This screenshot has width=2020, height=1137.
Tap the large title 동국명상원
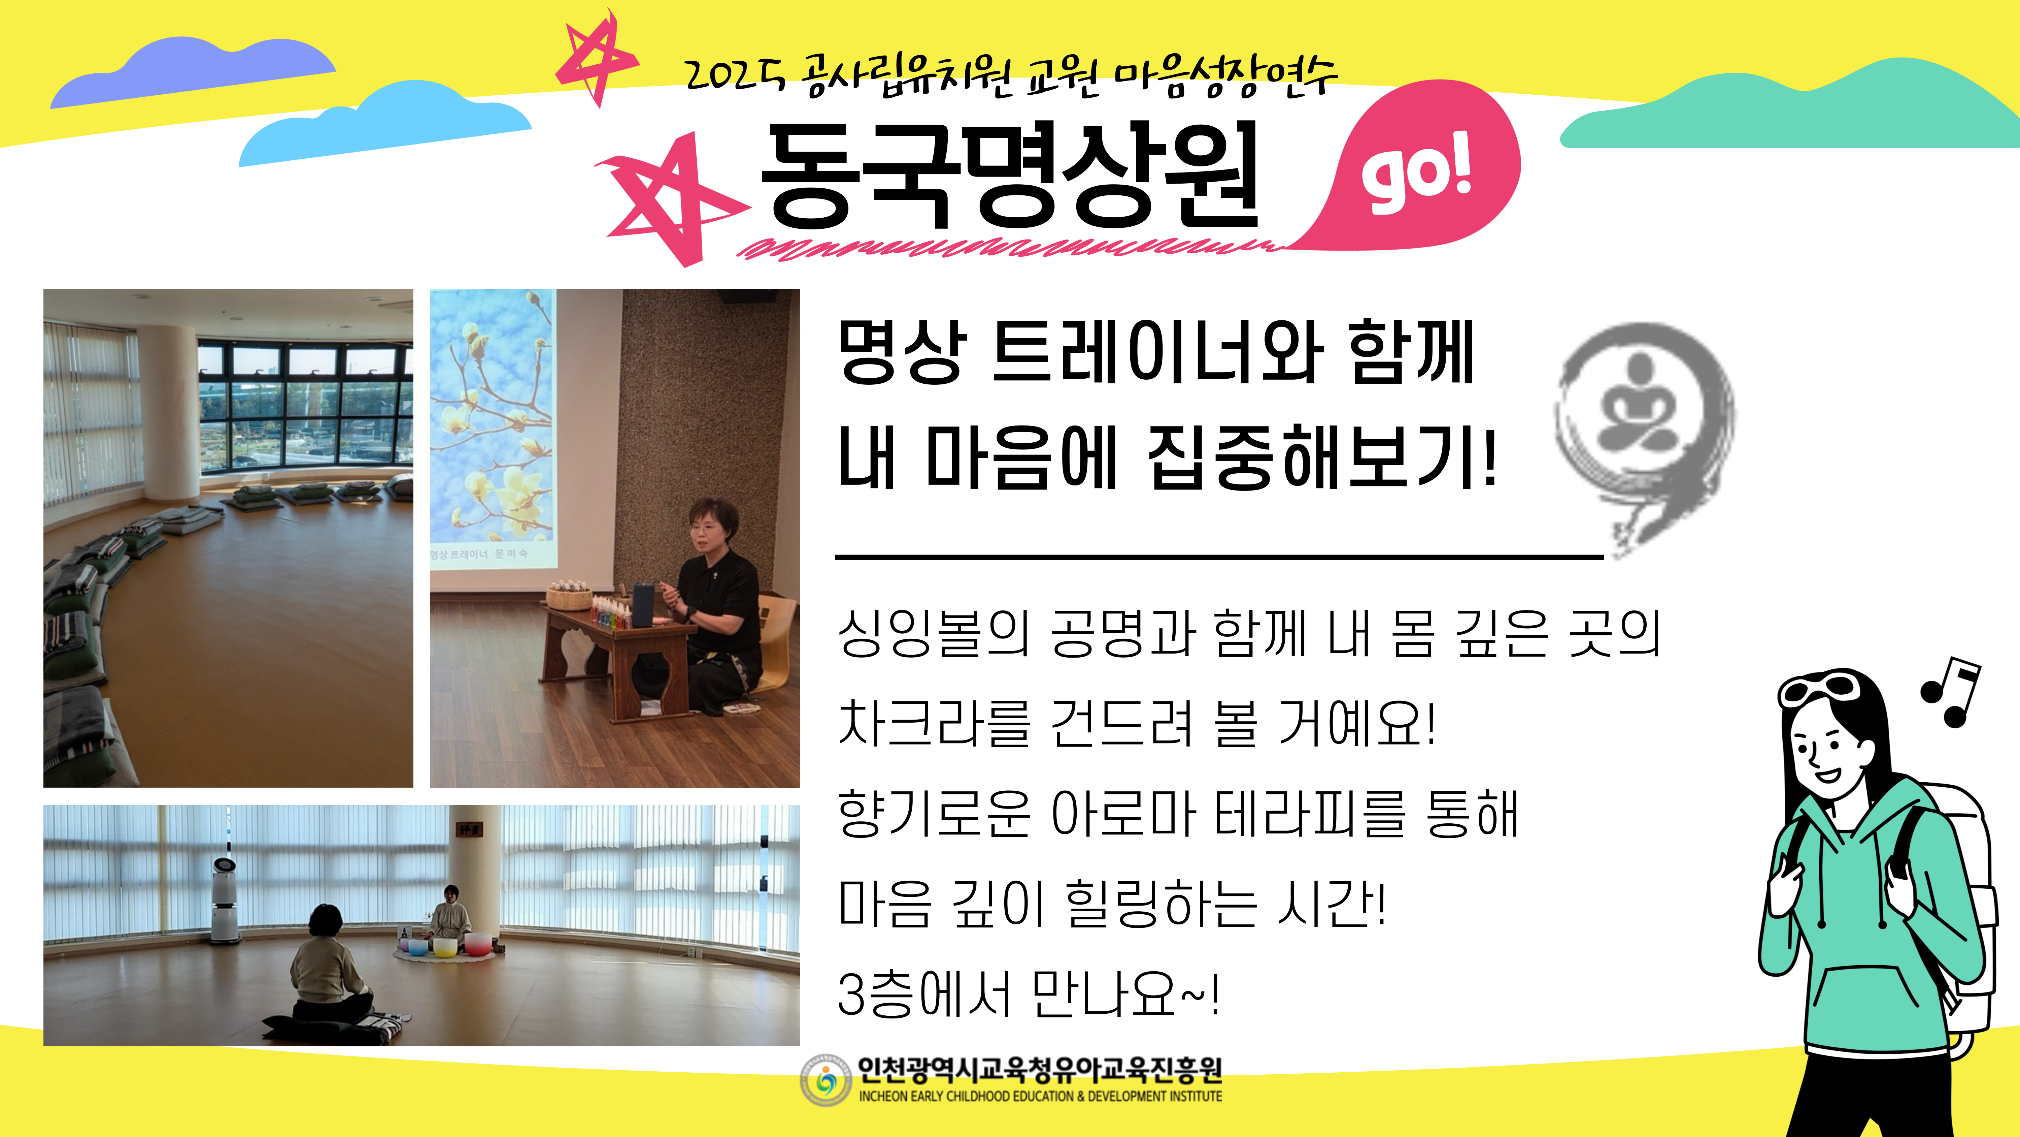[1012, 177]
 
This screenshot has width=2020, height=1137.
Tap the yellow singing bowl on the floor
[445, 948]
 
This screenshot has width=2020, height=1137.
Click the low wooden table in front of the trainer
[619, 659]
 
